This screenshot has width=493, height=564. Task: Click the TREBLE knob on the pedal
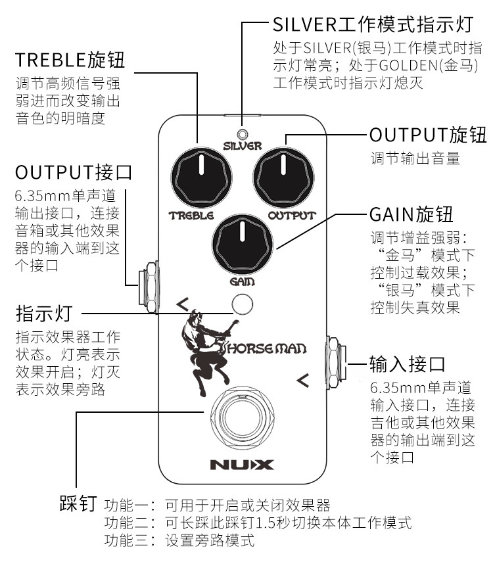(202, 175)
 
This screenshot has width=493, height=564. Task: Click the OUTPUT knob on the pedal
(285, 175)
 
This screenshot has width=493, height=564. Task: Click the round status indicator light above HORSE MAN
(243, 304)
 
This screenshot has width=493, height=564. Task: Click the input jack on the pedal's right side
(337, 361)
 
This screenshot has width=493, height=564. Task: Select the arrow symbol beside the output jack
(182, 304)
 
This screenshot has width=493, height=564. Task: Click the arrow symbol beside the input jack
(302, 379)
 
